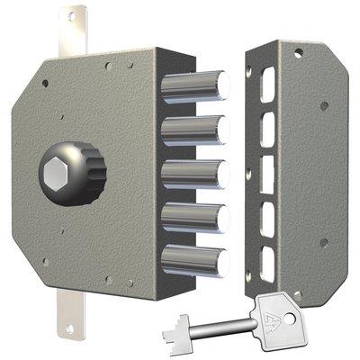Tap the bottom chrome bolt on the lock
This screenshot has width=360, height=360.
click(193, 260)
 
